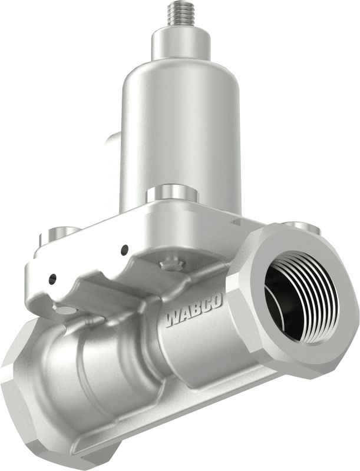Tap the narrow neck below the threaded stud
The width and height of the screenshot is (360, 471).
pyautogui.click(x=182, y=45)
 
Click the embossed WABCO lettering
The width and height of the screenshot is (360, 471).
pyautogui.click(x=194, y=311)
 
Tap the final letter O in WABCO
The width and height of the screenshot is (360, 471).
pyautogui.click(x=217, y=302)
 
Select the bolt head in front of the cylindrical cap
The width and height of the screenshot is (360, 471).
pyautogui.click(x=172, y=194)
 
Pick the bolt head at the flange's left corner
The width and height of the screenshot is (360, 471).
pyautogui.click(x=60, y=234)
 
